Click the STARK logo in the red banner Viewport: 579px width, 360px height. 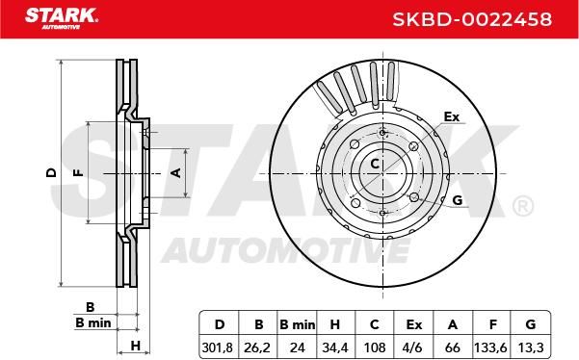tap(62, 18)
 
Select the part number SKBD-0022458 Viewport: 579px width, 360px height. tap(472, 19)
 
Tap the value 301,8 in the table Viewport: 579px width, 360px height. tap(218, 347)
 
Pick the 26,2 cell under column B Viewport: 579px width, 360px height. tap(257, 347)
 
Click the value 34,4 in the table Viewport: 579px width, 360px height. tap(335, 347)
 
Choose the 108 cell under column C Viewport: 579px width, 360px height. tap(375, 347)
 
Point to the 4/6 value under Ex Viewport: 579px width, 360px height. tap(414, 347)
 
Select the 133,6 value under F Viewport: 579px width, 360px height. tap(490, 347)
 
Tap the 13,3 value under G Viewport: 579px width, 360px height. tap(531, 347)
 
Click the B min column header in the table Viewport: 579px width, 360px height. tap(298, 325)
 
